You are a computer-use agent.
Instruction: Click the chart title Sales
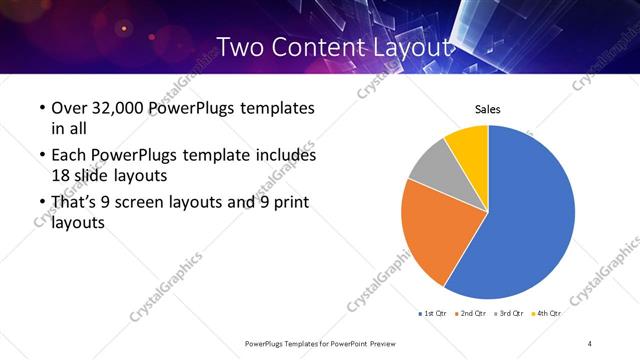[x=487, y=109]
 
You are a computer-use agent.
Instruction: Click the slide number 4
[x=590, y=343]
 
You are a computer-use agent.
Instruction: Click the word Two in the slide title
[x=240, y=47]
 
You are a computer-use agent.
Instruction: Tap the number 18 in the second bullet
[x=61, y=174]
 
